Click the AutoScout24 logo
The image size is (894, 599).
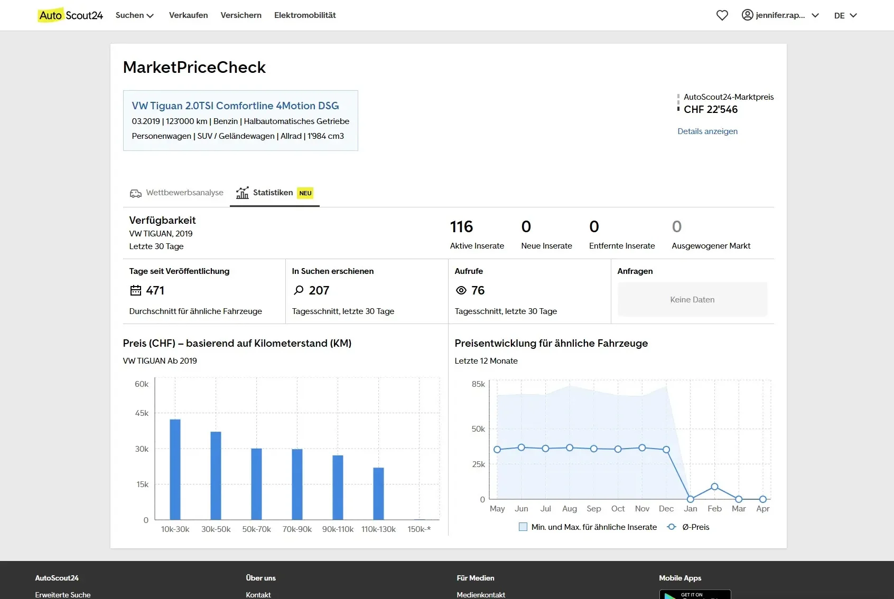point(70,15)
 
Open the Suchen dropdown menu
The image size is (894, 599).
point(135,15)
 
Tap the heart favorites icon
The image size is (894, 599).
point(722,15)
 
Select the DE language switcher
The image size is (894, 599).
point(845,15)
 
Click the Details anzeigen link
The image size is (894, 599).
point(707,131)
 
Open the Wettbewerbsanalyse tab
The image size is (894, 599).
point(176,193)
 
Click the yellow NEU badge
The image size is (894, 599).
point(305,193)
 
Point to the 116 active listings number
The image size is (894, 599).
point(461,226)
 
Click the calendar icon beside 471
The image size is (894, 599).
point(136,290)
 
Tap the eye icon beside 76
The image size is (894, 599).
point(461,290)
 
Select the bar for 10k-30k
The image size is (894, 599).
point(175,470)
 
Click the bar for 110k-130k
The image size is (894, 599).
point(378,493)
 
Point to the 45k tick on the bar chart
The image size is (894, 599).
point(142,413)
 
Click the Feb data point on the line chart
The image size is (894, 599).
point(714,486)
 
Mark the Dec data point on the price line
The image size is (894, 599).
point(666,450)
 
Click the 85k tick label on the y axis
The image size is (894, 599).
point(478,384)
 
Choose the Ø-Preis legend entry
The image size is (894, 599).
point(687,527)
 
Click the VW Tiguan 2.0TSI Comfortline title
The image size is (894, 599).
point(235,106)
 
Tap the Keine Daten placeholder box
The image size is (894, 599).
point(692,299)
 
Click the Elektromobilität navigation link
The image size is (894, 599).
point(305,15)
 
